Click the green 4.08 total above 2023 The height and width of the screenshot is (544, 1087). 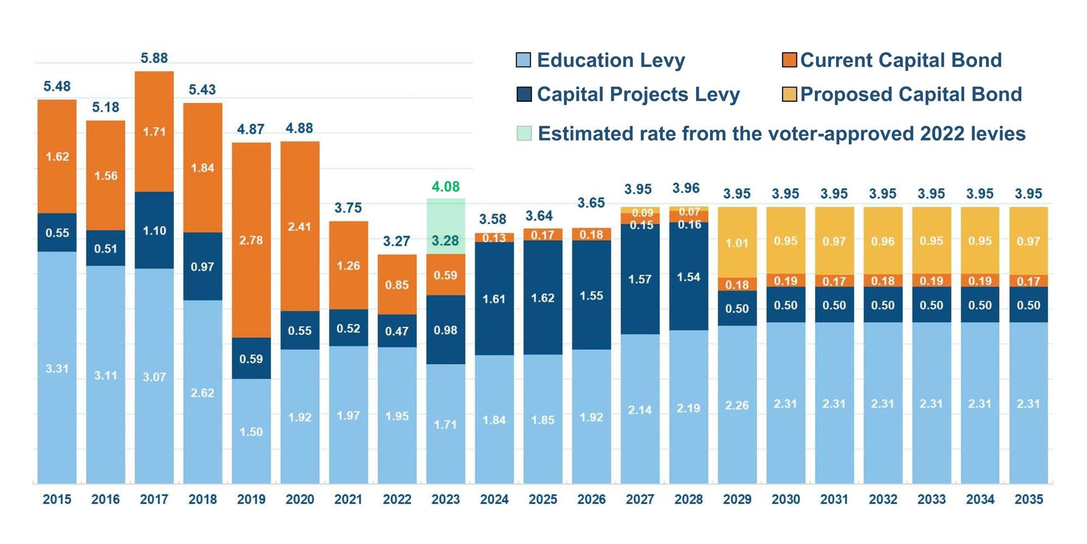(x=445, y=187)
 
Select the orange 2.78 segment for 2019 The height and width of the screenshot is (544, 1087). (x=251, y=240)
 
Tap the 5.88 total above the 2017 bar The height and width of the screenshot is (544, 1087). (x=154, y=58)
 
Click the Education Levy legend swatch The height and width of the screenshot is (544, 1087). (x=523, y=60)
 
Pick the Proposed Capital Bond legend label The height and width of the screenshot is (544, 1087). (x=911, y=94)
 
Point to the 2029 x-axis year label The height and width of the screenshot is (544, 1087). (x=737, y=499)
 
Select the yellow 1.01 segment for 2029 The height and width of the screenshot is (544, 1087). (x=737, y=243)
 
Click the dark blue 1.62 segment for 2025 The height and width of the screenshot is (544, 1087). (x=542, y=298)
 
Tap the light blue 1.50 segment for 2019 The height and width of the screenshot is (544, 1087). (x=251, y=431)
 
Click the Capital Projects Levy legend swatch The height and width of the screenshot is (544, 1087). (x=523, y=94)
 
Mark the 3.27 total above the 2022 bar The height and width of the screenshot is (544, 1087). (x=397, y=241)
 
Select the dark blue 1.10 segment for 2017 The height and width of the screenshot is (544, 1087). (x=154, y=230)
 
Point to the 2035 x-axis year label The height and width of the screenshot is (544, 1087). (x=1028, y=499)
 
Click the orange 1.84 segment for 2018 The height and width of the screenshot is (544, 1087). (x=202, y=168)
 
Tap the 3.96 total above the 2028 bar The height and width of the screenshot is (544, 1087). (x=686, y=188)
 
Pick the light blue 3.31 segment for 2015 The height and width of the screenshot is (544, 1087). (x=57, y=368)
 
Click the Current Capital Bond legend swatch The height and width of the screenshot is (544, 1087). (x=789, y=60)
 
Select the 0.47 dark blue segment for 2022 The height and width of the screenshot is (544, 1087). (x=397, y=331)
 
